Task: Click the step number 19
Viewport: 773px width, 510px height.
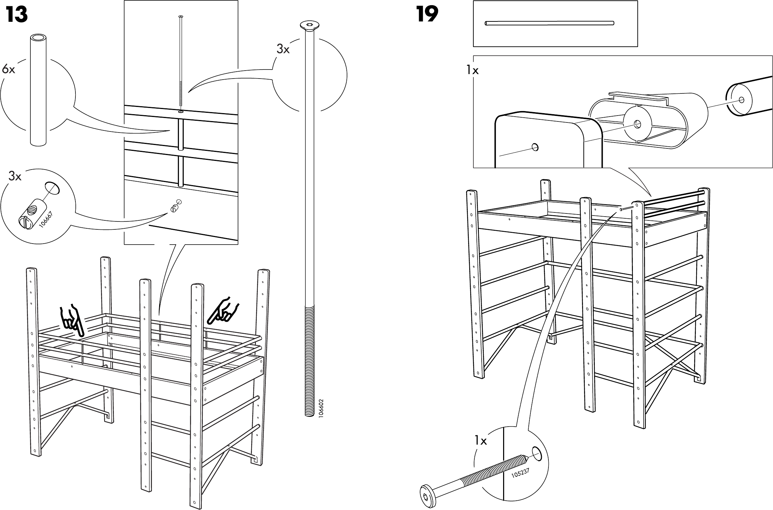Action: tap(427, 15)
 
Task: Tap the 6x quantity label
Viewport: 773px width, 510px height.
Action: tap(8, 69)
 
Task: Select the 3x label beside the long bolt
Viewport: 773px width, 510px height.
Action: tap(283, 49)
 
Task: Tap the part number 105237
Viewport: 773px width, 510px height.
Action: tap(521, 473)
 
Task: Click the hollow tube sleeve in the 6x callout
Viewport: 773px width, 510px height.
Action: tap(38, 90)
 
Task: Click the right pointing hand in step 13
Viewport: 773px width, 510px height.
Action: tap(224, 309)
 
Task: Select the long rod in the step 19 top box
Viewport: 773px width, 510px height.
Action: tap(549, 23)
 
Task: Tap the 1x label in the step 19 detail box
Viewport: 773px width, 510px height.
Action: tap(472, 71)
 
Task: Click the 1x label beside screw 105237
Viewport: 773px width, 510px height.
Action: tap(480, 441)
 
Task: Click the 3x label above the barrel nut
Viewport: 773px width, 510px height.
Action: tap(15, 176)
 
